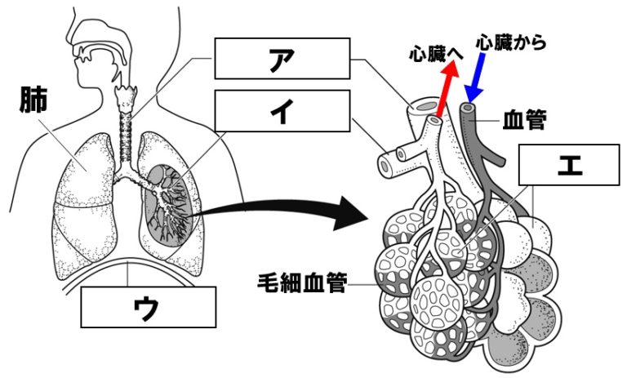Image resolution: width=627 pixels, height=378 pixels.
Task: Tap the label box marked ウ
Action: [x=149, y=308]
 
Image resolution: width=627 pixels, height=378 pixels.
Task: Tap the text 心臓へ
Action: [x=435, y=55]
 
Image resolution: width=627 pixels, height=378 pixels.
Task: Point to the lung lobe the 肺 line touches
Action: [x=83, y=167]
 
